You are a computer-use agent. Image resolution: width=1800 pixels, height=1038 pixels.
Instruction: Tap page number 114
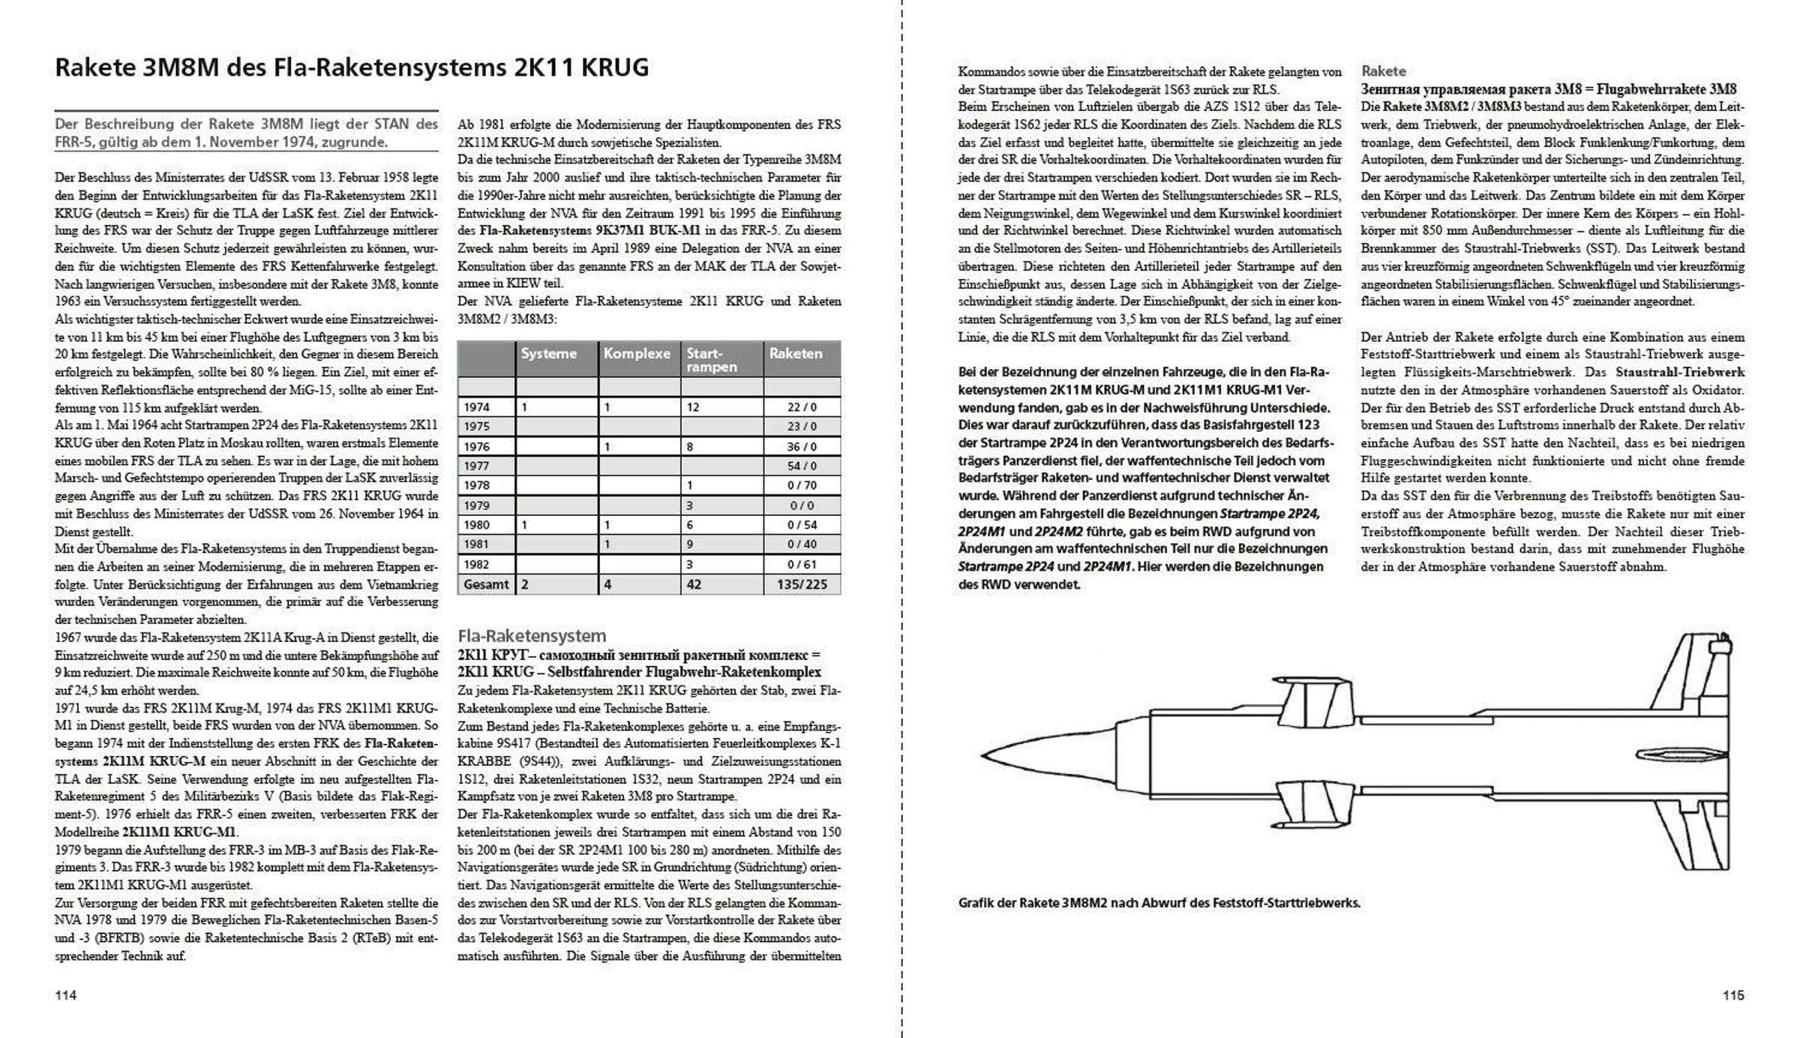(66, 995)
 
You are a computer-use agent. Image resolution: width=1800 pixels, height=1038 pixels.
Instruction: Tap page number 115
(1733, 995)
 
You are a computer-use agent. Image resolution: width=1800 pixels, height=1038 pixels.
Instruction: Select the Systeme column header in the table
(549, 353)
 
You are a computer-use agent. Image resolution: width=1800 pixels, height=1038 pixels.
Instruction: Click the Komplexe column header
(637, 353)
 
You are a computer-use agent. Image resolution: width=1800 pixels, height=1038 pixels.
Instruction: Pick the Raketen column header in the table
(796, 353)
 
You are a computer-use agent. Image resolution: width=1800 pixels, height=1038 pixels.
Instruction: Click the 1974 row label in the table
(476, 407)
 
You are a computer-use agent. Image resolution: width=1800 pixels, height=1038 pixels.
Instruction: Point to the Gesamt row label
(486, 583)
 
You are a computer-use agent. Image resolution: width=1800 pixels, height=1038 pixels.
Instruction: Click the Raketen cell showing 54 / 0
(802, 466)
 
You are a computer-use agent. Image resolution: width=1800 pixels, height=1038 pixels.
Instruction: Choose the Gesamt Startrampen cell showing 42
(694, 583)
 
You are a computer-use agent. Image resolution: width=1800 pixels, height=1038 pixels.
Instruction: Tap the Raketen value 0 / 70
(802, 485)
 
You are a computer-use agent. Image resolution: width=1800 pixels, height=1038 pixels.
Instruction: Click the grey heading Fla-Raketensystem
(532, 636)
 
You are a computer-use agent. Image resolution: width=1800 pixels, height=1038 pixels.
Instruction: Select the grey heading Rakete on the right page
(1383, 71)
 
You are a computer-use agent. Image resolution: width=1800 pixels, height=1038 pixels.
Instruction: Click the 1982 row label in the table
(476, 564)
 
